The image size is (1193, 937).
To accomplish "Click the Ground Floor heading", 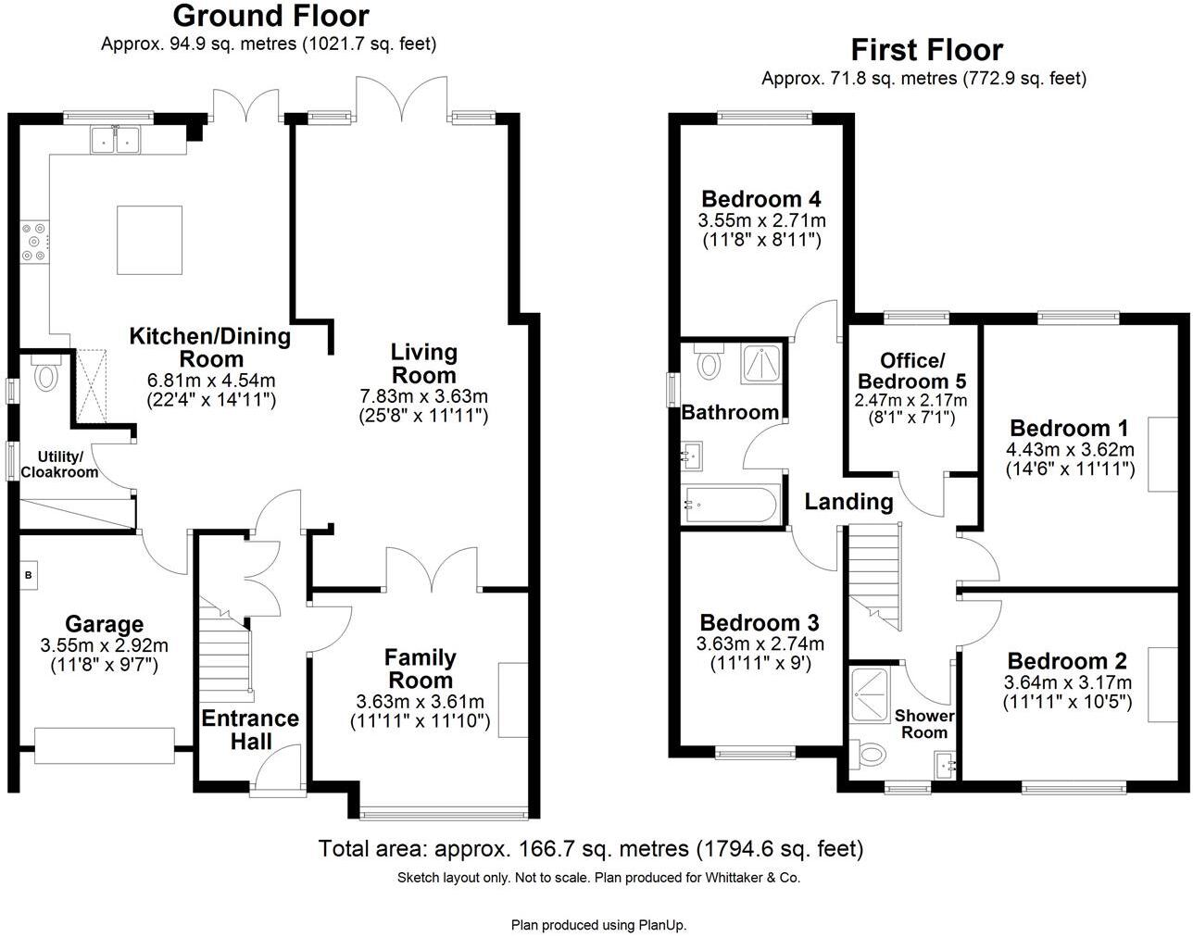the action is click(270, 16).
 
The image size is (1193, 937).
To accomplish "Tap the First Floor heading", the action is click(925, 49).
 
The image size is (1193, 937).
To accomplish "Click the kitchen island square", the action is click(149, 239).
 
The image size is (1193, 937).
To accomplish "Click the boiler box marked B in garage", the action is click(28, 575).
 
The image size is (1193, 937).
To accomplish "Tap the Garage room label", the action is click(104, 623).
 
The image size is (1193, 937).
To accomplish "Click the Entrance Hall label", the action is click(250, 730).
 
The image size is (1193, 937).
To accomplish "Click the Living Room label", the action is click(423, 363).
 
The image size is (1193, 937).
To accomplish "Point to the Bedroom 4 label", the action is click(761, 199).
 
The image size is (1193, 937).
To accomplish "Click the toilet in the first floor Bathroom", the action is click(710, 362).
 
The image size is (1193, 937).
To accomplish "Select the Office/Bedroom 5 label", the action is click(910, 370).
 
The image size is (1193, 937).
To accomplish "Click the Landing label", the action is click(848, 502).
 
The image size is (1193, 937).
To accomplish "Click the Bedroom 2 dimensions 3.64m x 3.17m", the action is click(1067, 682).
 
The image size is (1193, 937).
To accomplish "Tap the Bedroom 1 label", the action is click(1069, 428).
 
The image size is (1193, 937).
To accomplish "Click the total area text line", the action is click(590, 848).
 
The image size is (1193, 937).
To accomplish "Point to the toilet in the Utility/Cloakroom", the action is click(44, 376).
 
